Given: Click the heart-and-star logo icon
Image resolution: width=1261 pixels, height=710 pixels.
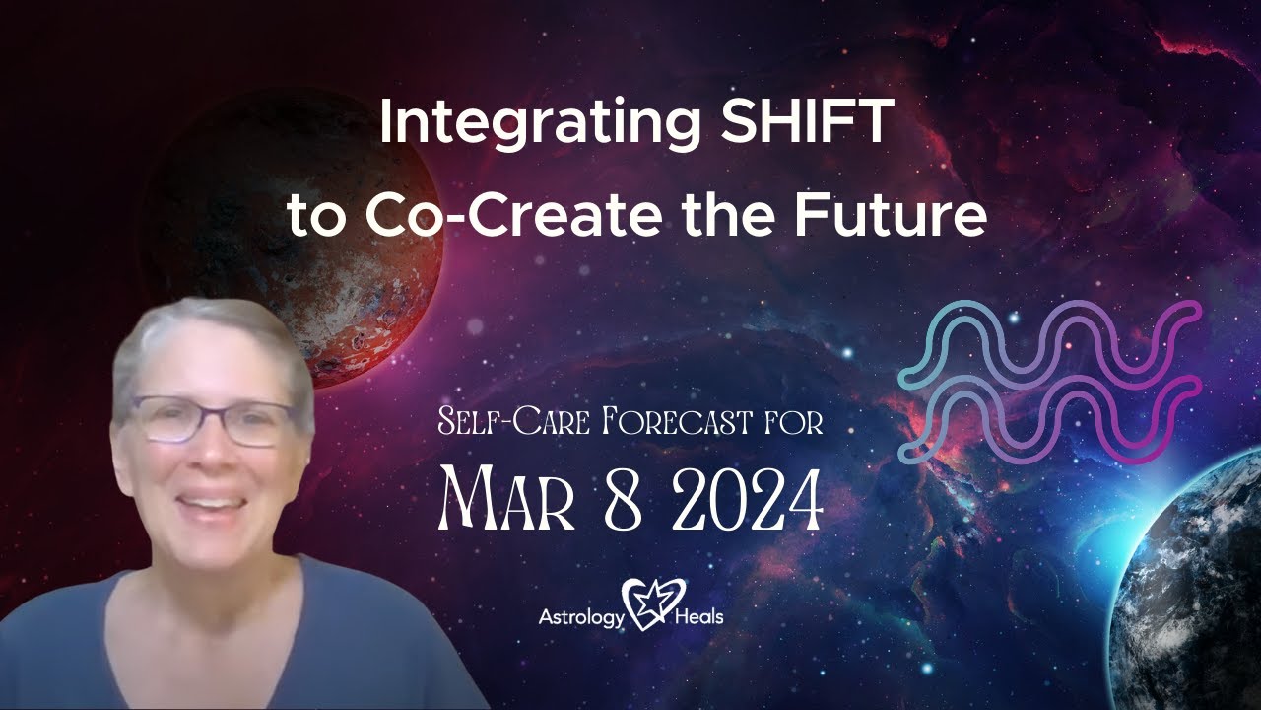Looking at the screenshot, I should point(647,604).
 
